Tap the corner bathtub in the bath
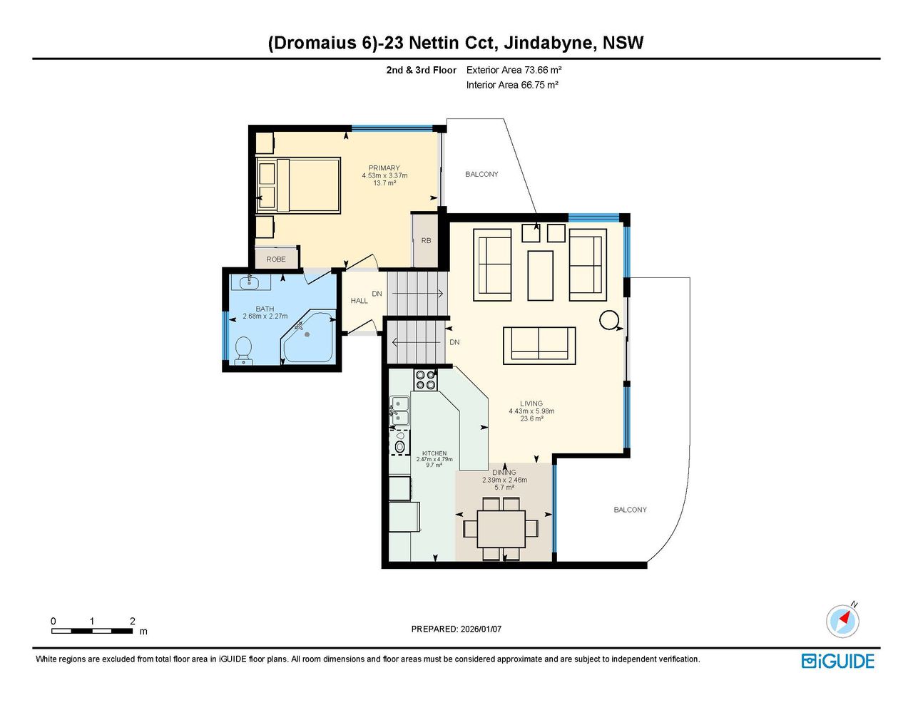(x=309, y=336)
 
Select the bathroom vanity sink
(x=249, y=282)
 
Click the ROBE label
(x=276, y=259)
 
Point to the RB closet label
(x=426, y=241)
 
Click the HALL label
(x=359, y=301)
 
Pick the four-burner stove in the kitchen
(x=426, y=379)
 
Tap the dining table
(x=501, y=528)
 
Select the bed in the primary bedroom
(x=298, y=185)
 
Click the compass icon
(x=842, y=622)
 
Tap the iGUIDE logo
(x=838, y=662)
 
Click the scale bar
(x=92, y=631)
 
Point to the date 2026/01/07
(x=481, y=629)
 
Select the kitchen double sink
(x=399, y=411)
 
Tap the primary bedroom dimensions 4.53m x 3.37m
(x=384, y=175)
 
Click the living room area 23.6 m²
(x=532, y=418)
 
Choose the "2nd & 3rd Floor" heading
(x=421, y=70)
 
